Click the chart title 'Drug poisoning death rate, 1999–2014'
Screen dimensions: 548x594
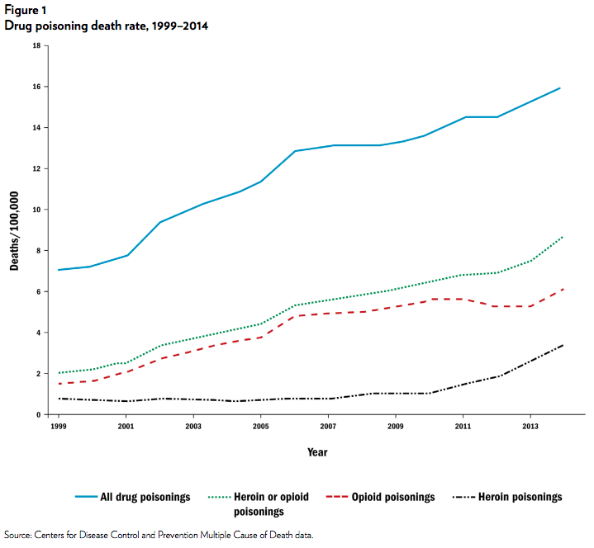point(106,26)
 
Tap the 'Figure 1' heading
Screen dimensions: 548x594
point(26,10)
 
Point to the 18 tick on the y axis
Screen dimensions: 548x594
point(36,45)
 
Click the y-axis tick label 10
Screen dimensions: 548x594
point(36,210)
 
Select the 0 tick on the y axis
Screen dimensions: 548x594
point(39,414)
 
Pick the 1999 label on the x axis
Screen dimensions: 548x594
point(58,428)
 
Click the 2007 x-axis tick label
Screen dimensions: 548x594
point(328,428)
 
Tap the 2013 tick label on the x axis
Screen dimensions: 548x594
point(530,428)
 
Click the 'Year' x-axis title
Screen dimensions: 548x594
point(317,452)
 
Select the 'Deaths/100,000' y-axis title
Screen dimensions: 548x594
point(14,230)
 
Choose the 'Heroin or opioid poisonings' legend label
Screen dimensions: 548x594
point(273,503)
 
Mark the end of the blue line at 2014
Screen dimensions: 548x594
point(561,87)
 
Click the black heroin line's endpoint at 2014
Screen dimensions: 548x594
point(563,345)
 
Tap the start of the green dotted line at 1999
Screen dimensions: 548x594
point(58,373)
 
